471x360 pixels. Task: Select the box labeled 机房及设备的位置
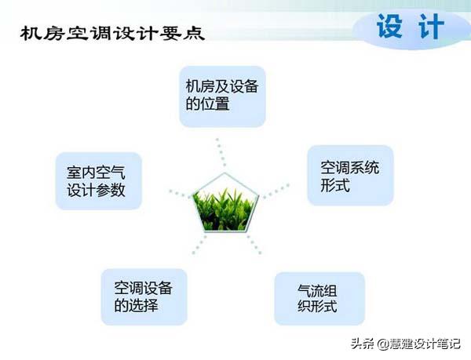(222, 95)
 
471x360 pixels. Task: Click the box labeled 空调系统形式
(349, 176)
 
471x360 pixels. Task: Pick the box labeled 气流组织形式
(319, 298)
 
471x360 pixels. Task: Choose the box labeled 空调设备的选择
(144, 296)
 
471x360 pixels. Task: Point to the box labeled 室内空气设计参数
(98, 180)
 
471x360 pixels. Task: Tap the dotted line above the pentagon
(219, 153)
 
